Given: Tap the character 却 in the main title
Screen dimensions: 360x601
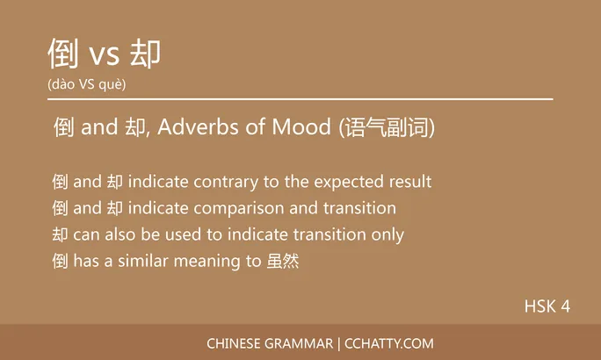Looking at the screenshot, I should (145, 54).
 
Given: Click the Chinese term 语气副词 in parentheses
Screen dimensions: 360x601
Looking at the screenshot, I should (387, 128).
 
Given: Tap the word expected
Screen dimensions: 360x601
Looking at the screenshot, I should (351, 183).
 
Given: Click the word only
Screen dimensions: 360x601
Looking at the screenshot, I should (387, 235).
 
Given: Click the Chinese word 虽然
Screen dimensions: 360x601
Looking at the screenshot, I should (282, 262).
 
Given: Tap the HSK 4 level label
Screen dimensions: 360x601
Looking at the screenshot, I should (547, 306).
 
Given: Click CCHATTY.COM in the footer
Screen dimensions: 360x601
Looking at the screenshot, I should (389, 343).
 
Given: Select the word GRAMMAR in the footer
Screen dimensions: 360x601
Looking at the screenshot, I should (295, 343).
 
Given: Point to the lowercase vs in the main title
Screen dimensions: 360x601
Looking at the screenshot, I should (105, 57).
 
